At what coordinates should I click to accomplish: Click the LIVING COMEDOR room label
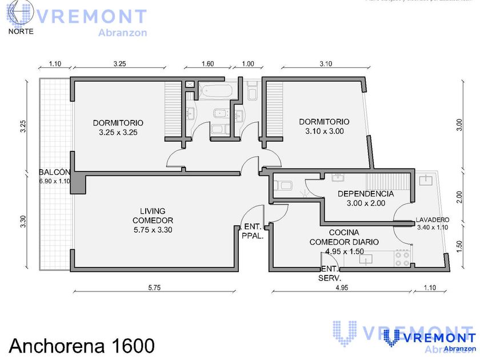click(x=153, y=220)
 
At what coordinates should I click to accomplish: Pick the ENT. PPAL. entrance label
click(x=253, y=230)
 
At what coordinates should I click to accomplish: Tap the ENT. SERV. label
click(x=330, y=273)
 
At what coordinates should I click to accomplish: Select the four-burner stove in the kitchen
click(x=402, y=259)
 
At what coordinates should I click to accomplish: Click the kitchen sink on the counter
click(x=366, y=259)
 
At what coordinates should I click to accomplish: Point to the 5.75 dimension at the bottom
click(x=154, y=287)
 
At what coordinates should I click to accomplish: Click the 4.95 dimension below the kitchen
click(x=342, y=287)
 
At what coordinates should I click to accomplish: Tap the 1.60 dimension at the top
click(x=207, y=64)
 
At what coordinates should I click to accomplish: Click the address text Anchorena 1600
click(x=82, y=345)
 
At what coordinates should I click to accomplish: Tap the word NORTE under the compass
click(x=21, y=31)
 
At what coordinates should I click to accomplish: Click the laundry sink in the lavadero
click(x=425, y=180)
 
